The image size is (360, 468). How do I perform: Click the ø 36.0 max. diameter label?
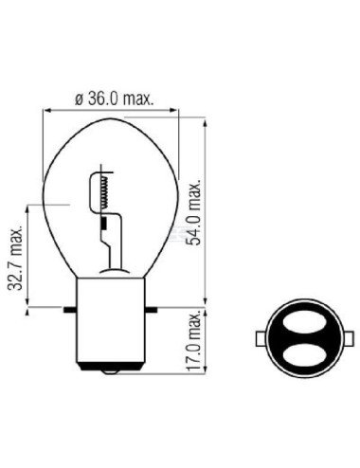pyautogui.click(x=115, y=98)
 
